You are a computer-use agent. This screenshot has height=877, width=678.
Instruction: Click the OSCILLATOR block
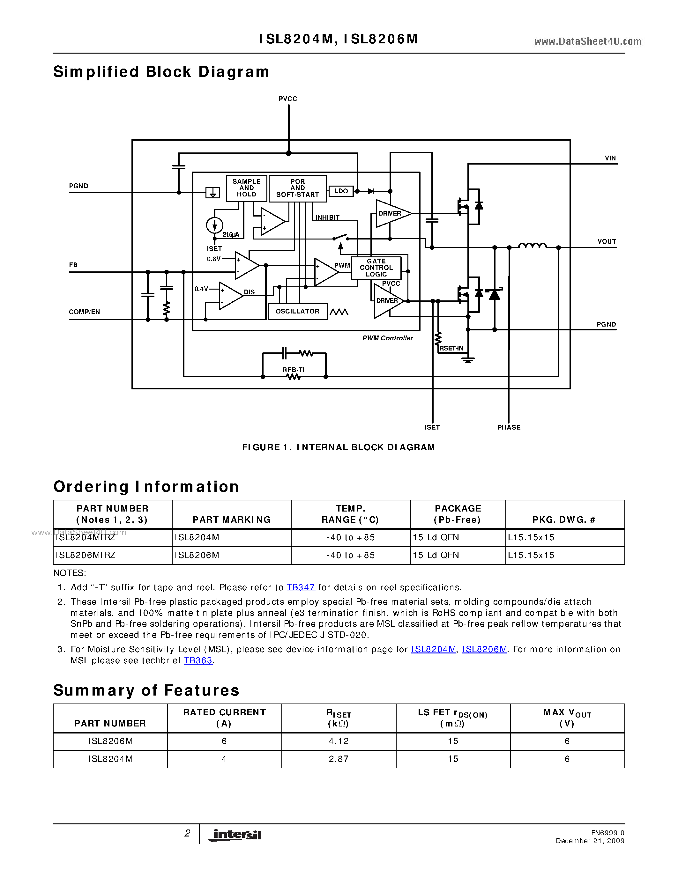[297, 312]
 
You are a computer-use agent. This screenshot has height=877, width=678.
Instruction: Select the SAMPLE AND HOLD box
[246, 188]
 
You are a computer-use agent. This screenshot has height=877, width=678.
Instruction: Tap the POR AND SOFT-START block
[297, 188]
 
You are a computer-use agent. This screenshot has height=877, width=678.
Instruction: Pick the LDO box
[341, 191]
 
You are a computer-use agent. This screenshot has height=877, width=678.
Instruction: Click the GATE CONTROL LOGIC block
[376, 268]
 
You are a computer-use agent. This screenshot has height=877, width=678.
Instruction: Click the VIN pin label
[610, 158]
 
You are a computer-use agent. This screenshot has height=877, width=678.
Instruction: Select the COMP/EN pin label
[84, 312]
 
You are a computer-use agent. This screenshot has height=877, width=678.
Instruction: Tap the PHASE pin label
[509, 427]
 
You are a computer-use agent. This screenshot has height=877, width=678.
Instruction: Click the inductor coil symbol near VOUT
[532, 246]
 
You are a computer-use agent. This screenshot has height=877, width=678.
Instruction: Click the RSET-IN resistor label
[451, 348]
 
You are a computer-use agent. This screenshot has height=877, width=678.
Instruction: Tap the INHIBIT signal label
[327, 217]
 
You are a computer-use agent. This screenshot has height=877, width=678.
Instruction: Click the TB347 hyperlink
[301, 587]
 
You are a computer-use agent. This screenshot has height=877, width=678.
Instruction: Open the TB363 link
[198, 660]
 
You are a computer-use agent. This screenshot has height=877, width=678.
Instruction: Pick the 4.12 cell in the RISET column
[339, 741]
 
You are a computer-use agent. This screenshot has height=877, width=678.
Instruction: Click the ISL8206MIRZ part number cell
[86, 555]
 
